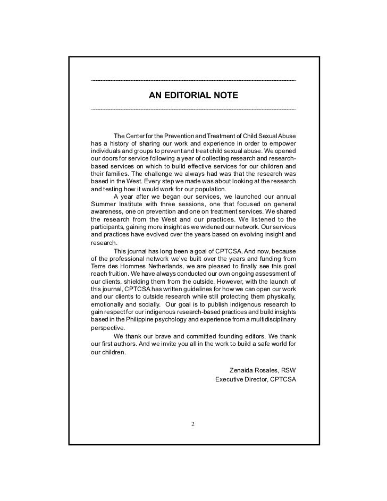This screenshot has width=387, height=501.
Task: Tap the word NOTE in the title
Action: tap(225, 96)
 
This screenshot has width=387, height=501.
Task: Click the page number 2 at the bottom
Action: tap(193, 424)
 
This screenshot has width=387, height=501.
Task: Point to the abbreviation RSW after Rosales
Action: tap(288, 370)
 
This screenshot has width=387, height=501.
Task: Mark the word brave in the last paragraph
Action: tap(165, 336)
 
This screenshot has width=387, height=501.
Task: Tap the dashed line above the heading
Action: tap(193, 80)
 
